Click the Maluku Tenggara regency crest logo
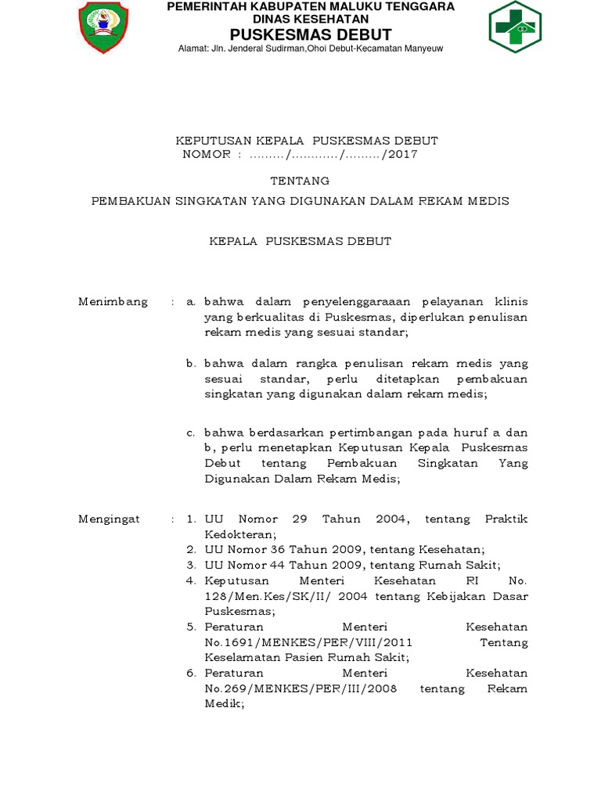(104, 28)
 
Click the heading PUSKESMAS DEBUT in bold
(311, 34)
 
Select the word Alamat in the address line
(194, 48)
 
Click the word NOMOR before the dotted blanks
(207, 154)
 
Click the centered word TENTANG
(300, 181)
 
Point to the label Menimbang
(113, 302)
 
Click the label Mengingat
(110, 519)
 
